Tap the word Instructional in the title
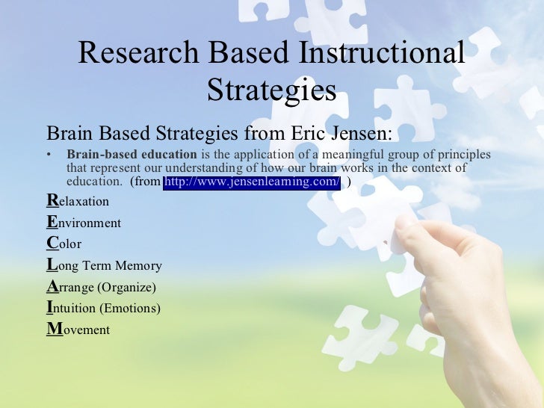[x=381, y=55]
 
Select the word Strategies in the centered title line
[x=271, y=90]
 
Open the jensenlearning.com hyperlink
[x=252, y=182]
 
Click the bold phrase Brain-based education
[x=132, y=155]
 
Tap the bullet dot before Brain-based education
[x=49, y=155]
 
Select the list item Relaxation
[x=78, y=201]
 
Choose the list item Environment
[x=84, y=223]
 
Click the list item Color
[x=64, y=244]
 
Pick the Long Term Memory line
[x=104, y=265]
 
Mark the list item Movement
[x=78, y=330]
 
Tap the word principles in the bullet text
[x=461, y=155]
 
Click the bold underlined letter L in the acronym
[x=51, y=265]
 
